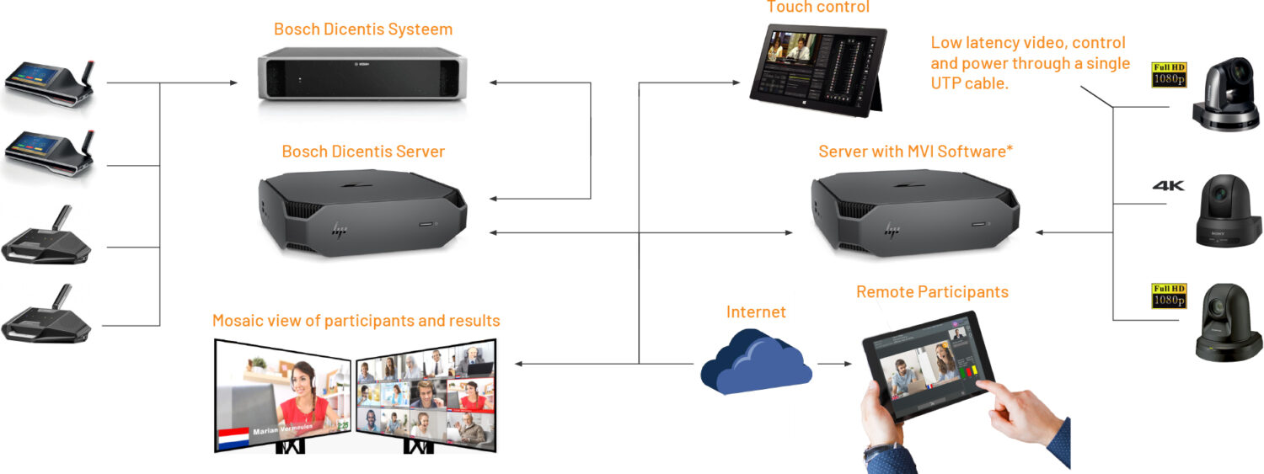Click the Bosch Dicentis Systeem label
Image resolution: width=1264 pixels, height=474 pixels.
(x=362, y=29)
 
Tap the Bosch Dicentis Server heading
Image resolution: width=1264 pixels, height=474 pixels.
(x=362, y=152)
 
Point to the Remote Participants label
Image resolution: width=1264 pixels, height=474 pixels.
(x=932, y=292)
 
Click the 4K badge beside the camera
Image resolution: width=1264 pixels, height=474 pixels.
(x=1168, y=186)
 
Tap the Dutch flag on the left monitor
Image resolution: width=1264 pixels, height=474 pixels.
(x=233, y=437)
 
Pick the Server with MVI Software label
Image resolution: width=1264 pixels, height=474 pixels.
(x=915, y=152)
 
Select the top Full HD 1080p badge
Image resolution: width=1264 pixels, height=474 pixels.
(x=1169, y=74)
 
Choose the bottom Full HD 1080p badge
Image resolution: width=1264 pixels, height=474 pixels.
(x=1169, y=296)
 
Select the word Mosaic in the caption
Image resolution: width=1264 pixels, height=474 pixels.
(x=239, y=321)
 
